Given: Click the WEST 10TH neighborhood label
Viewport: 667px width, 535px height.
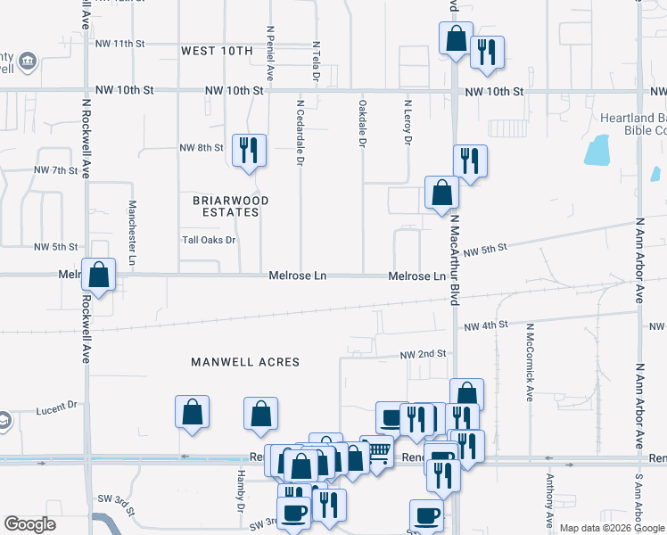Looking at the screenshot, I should point(217,51).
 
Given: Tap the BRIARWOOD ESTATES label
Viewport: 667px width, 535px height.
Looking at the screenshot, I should point(226,206).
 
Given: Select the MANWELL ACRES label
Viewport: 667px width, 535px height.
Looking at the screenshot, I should point(245,362).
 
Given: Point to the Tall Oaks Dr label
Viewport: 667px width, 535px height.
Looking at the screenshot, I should point(209,240).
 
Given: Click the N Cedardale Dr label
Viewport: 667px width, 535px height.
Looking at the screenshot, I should point(301,132).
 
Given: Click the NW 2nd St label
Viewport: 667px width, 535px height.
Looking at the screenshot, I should point(424,353).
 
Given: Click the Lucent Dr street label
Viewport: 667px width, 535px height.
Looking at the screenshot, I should point(57,409).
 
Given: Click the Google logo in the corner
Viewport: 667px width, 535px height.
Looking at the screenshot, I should point(29,524).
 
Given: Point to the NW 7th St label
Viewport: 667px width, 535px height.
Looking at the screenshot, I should point(56,169).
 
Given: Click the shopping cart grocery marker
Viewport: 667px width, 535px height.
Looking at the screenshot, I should point(379,453).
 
